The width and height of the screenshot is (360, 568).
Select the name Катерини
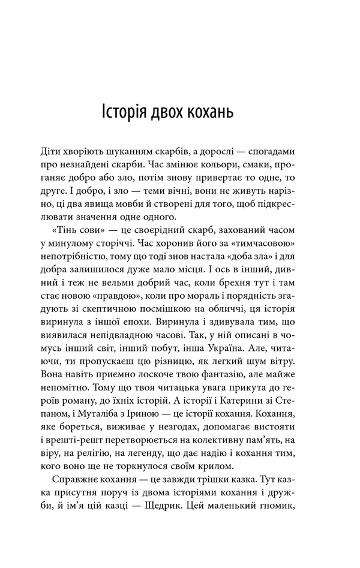(x=247, y=419)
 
